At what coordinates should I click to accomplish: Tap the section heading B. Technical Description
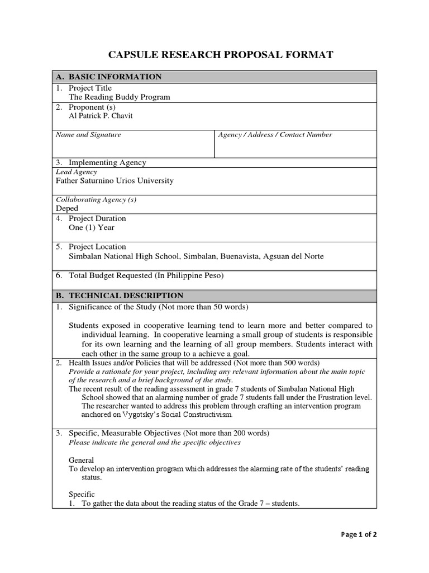[119, 295]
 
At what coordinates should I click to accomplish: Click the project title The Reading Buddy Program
[119, 97]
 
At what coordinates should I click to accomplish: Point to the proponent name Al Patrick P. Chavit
[101, 116]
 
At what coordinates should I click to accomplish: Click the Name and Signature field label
[88, 135]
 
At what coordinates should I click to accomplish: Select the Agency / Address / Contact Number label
[275, 135]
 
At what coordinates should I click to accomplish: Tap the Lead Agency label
[77, 172]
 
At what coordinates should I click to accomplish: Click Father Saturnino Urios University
[115, 181]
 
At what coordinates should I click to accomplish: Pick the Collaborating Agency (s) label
[96, 200]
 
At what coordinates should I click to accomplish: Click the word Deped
[67, 208]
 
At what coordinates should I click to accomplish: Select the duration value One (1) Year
[92, 228]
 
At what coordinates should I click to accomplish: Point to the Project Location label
[97, 247]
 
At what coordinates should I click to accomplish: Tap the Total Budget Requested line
[146, 275]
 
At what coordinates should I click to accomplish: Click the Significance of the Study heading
[158, 307]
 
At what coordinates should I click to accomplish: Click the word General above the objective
[82, 460]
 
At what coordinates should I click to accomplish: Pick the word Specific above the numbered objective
[82, 494]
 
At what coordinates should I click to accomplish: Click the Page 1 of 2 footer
[359, 534]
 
